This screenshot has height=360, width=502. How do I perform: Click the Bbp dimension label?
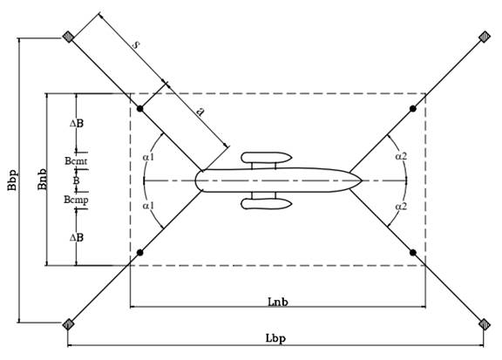(12, 180)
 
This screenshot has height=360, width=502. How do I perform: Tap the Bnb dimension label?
(43, 180)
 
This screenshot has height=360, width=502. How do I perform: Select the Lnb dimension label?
(277, 302)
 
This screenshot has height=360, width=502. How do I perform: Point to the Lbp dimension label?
(275, 338)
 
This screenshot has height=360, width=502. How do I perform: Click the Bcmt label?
(76, 160)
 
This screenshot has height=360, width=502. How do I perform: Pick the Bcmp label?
(76, 200)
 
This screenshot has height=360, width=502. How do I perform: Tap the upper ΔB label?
(77, 123)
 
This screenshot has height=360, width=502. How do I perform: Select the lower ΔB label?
(77, 238)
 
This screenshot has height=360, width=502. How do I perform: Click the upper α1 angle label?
(148, 157)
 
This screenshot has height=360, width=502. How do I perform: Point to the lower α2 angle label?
(401, 207)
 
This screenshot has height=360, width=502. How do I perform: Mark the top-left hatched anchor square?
(68, 37)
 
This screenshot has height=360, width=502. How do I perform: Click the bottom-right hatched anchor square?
(485, 324)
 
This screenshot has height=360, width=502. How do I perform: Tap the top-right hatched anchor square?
(485, 37)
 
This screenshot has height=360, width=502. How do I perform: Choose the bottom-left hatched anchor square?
(68, 324)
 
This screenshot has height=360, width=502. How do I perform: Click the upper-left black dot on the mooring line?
(140, 109)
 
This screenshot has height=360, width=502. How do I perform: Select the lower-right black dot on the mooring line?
(413, 253)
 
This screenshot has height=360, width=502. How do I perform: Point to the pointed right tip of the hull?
(362, 180)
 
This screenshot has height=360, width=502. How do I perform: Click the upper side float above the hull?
(267, 157)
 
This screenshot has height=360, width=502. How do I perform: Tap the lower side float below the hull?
(267, 204)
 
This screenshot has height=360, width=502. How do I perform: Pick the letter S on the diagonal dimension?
(136, 44)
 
